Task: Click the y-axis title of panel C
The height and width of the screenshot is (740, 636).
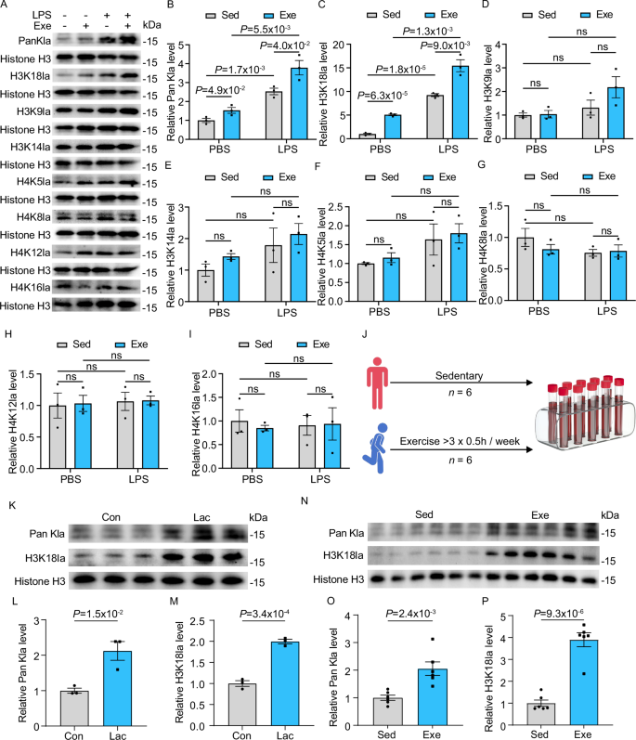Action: pos(325,84)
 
